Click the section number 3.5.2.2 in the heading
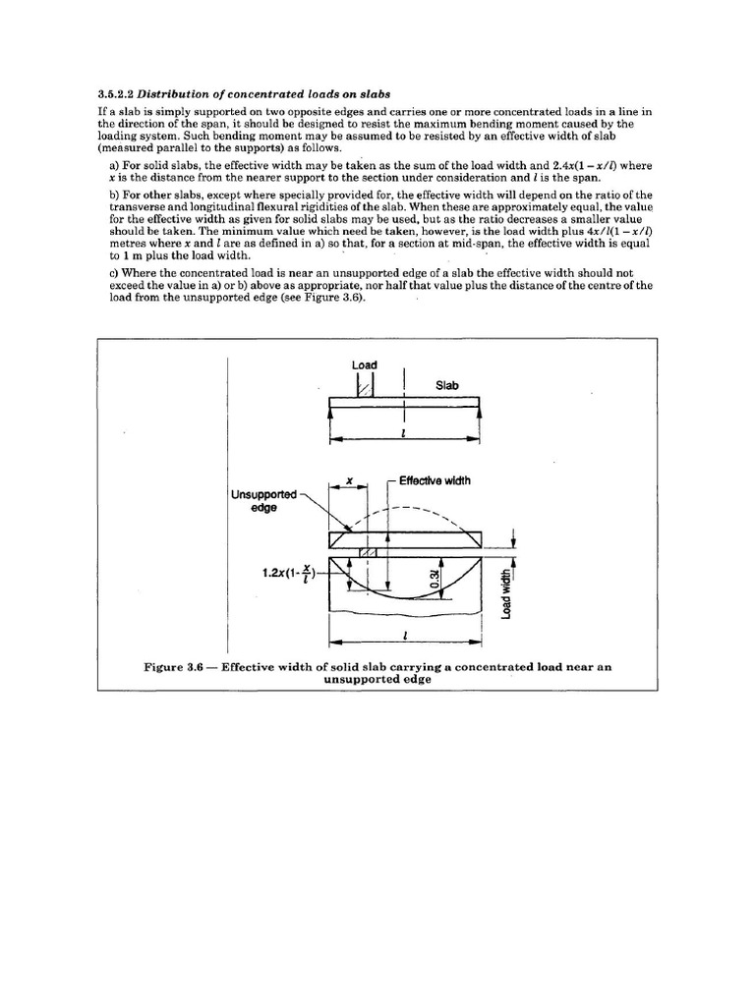click(115, 94)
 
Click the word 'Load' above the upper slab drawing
click(365, 365)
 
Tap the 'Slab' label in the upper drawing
click(447, 386)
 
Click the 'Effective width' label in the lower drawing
click(435, 480)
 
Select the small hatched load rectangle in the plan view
click(368, 553)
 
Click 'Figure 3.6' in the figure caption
click(173, 666)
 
